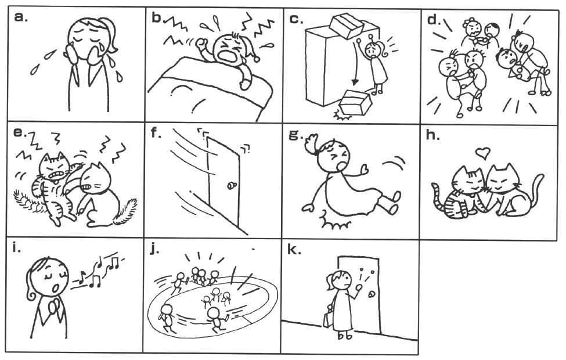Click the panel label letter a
[x=20, y=17]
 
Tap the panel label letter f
[x=156, y=133]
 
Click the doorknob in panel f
[x=230, y=186]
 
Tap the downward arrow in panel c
[x=355, y=62]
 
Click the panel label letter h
[x=433, y=135]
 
